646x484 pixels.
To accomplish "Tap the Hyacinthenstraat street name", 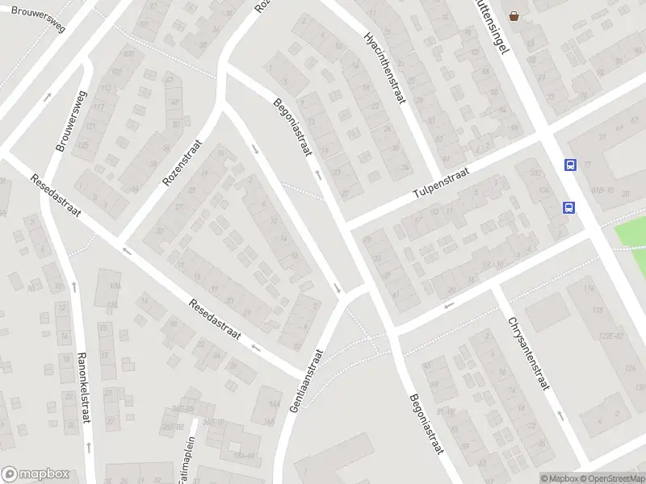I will (388, 69).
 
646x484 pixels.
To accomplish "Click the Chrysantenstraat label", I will (529, 354).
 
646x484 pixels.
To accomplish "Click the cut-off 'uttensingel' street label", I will (493, 25).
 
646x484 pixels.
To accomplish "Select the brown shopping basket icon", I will (514, 15).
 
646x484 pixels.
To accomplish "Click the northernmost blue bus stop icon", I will (570, 165).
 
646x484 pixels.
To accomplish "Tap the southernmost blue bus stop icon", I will (568, 207).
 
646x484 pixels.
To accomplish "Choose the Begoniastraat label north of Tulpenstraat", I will (292, 125).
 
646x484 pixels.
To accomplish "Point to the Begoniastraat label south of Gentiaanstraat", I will (426, 422).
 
